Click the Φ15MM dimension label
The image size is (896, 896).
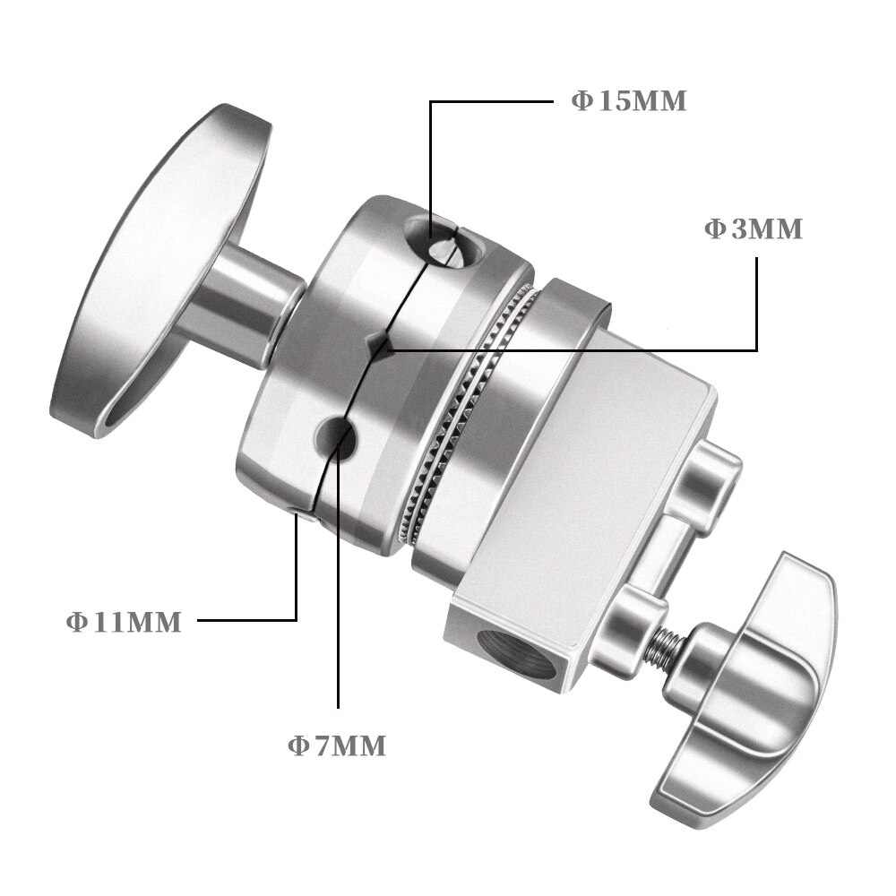(629, 101)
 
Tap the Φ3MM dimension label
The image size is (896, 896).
(754, 228)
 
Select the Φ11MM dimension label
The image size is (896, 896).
(124, 622)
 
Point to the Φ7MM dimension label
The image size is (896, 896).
(337, 745)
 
